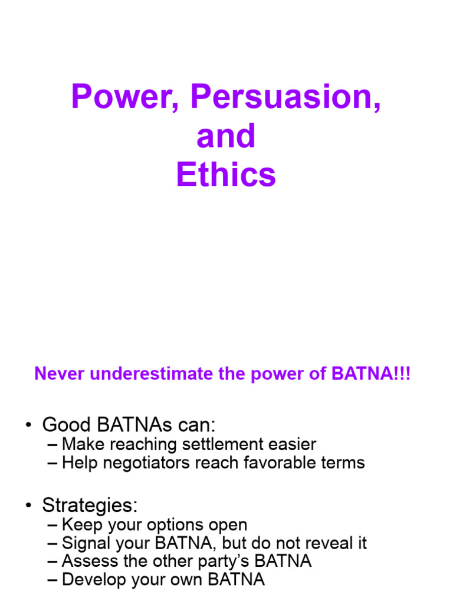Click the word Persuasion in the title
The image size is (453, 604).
click(286, 98)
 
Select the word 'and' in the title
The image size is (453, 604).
click(226, 136)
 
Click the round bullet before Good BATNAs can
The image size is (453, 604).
click(28, 425)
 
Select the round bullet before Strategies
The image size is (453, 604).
click(28, 505)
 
